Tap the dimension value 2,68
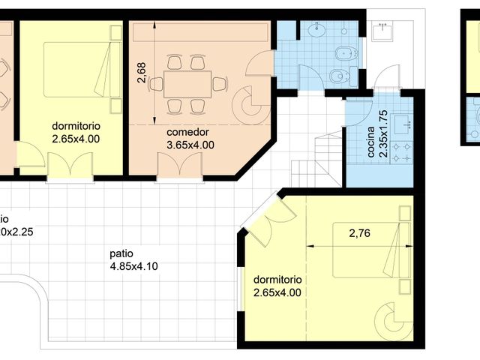[x=142, y=71]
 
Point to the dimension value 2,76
[x=360, y=233]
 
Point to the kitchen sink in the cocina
[x=406, y=124]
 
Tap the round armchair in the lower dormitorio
[x=395, y=320]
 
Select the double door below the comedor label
[x=181, y=166]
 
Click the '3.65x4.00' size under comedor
[x=190, y=145]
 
